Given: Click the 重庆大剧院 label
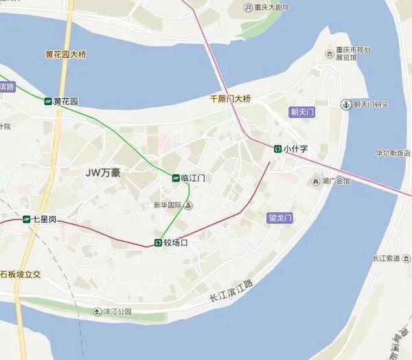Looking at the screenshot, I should coord(271,8).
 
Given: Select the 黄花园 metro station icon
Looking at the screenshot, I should coord(47,101).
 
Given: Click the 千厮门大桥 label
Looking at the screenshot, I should coord(230,99).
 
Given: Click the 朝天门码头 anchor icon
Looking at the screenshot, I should coord(345,104).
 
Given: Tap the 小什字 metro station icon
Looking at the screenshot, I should coord(277,148).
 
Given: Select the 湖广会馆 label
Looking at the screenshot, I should coord(336,181).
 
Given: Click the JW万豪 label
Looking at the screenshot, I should coord(103,172).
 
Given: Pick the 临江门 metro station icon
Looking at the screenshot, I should coord(176,177).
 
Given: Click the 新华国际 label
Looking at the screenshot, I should coord(167,205).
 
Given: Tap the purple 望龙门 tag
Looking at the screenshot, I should coord(279,218).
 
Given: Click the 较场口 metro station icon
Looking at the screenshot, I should coord(157,243).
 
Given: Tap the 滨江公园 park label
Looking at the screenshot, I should coord(117,311).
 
